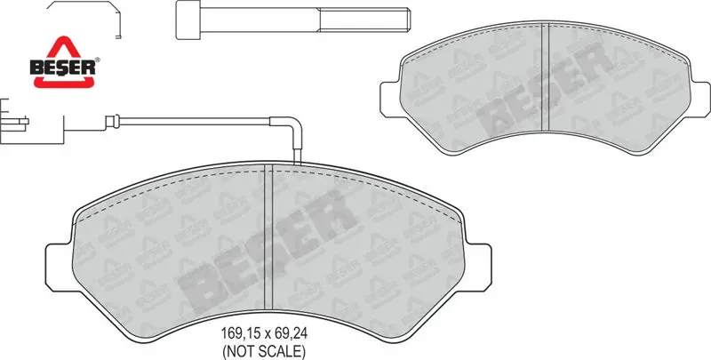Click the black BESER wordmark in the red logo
point(63,68)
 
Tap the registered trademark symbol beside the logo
point(98,60)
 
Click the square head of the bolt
point(188,20)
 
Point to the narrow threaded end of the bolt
point(364,20)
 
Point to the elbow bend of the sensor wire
point(293,124)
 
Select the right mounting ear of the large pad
point(477,268)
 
